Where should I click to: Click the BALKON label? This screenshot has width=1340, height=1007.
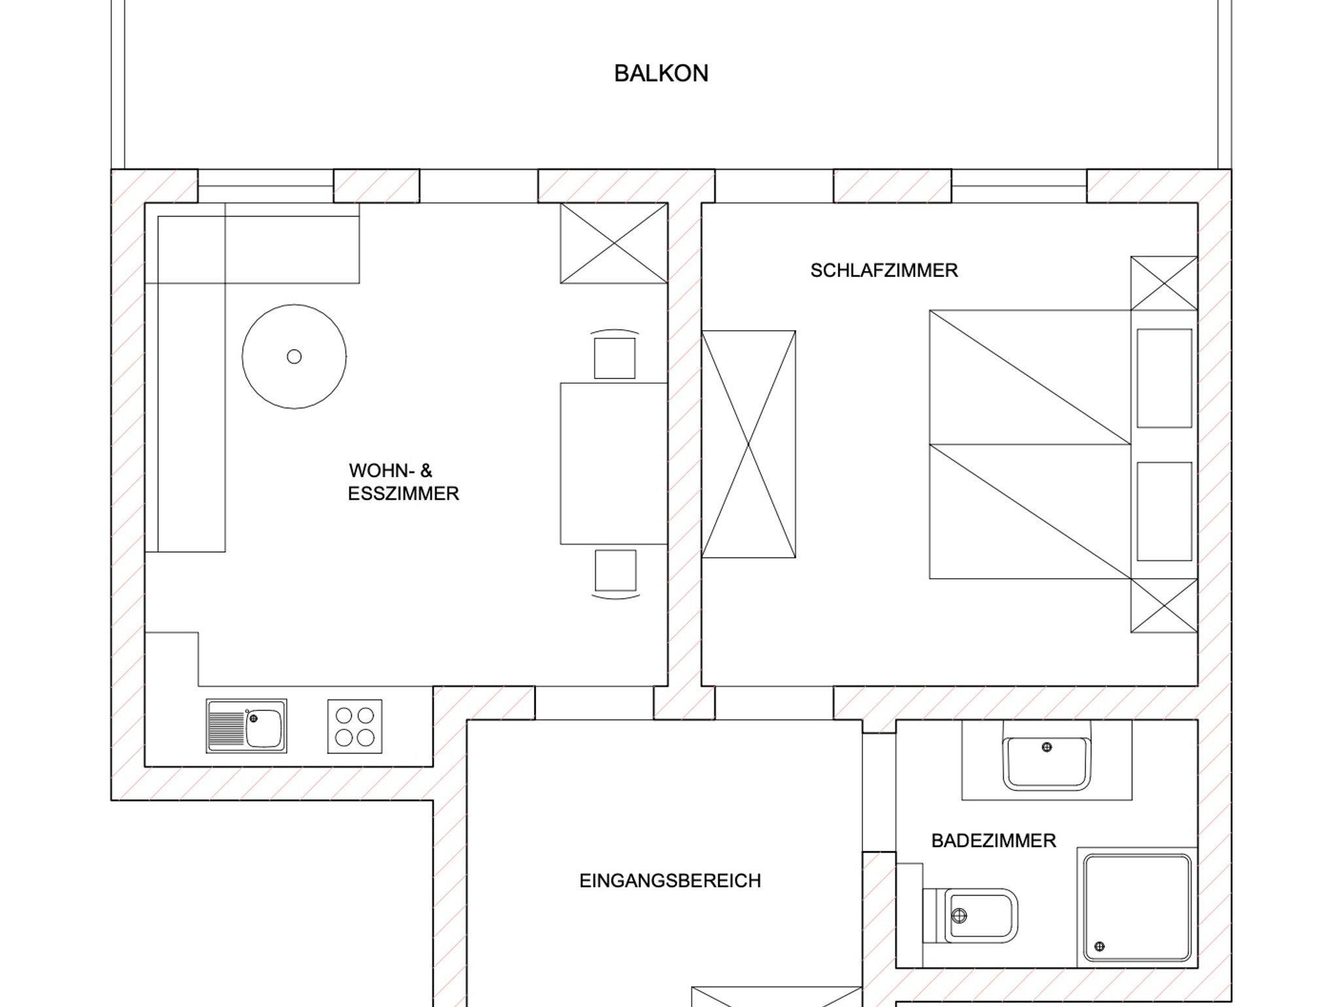[661, 73]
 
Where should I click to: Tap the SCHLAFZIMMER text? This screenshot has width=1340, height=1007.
[884, 270]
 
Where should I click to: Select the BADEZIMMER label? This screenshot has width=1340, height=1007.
[993, 841]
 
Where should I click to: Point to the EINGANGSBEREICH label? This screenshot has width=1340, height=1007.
[670, 881]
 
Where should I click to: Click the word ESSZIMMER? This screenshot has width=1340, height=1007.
[403, 494]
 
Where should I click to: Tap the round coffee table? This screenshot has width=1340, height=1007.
[294, 357]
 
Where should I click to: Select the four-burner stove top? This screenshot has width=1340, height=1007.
[355, 726]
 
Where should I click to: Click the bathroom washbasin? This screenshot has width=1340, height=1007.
[1047, 762]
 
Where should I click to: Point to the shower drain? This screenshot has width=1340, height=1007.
[1099, 945]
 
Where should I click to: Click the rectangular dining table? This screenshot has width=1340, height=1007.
[614, 464]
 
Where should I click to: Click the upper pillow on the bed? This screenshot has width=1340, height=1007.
[1164, 378]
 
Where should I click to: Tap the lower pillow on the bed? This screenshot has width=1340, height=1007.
[1164, 511]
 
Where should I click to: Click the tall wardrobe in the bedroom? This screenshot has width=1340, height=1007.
[749, 444]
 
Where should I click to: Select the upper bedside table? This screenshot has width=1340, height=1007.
[1164, 283]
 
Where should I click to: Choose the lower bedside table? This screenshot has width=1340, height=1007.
[1164, 606]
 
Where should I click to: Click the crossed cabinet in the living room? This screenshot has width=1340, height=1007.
[614, 243]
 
